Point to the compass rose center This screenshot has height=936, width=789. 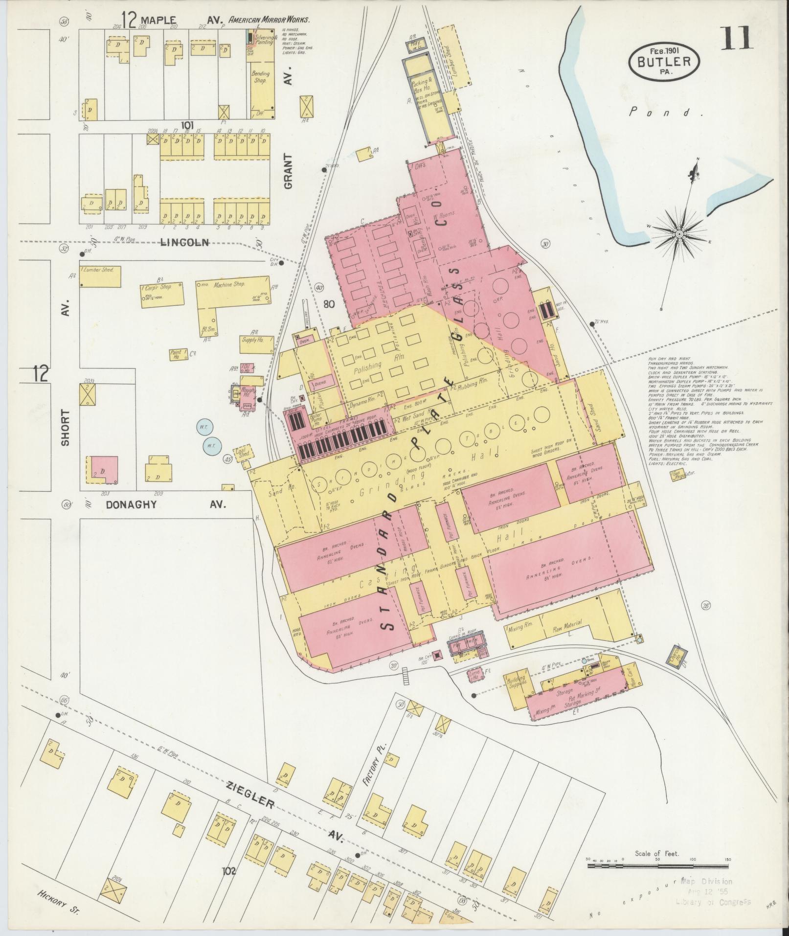(x=679, y=235)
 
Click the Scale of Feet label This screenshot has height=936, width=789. (x=656, y=853)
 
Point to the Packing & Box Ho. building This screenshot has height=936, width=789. (x=423, y=84)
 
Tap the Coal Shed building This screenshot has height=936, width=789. (x=243, y=452)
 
